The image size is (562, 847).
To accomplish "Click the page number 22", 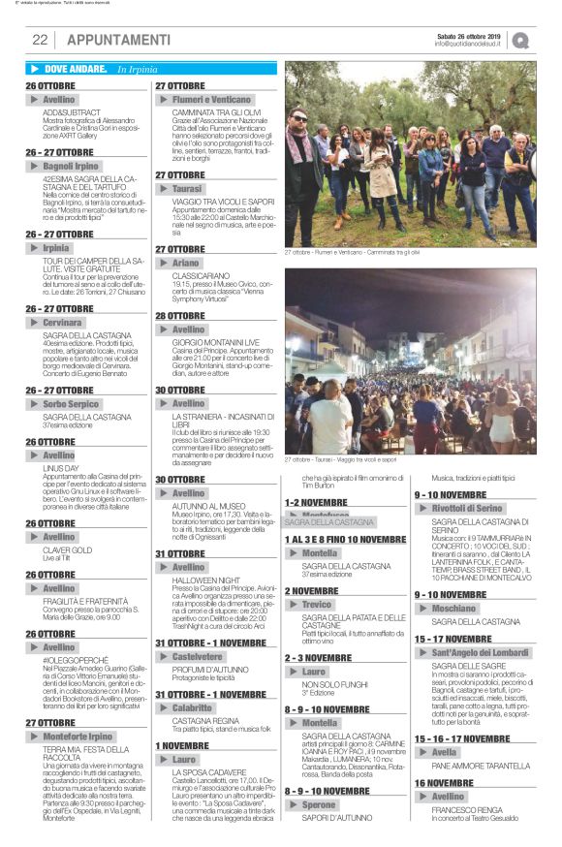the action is point(40,40).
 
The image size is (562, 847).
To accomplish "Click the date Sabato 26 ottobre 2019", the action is point(467,35).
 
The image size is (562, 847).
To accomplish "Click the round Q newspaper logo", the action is point(521,41).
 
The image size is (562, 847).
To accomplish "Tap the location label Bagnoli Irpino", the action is point(72,167).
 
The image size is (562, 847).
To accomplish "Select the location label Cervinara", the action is point(63,321).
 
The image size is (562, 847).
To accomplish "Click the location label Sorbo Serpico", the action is point(71,403).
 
